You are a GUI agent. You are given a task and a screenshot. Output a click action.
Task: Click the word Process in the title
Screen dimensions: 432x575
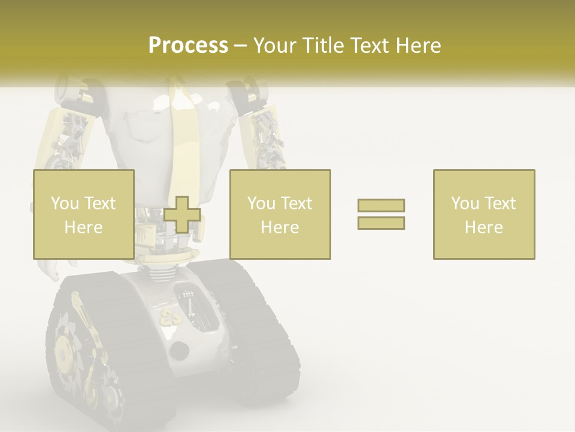point(188,46)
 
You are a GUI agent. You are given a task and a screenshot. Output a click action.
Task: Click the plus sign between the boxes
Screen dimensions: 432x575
point(182,215)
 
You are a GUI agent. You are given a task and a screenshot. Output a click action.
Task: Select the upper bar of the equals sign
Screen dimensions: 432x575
point(381,205)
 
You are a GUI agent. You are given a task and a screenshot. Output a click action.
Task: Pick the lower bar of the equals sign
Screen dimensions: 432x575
point(381,223)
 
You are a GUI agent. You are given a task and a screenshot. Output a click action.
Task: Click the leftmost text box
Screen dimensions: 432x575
point(83,214)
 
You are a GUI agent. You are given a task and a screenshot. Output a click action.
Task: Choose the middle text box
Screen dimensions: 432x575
point(280,214)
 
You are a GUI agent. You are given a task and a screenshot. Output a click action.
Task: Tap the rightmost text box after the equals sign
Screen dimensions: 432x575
point(483,214)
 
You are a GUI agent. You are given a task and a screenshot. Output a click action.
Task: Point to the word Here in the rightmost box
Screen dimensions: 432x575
point(483,227)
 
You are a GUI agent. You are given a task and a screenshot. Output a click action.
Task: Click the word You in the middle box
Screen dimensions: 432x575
point(261,203)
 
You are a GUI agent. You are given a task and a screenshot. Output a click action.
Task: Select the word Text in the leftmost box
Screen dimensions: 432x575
point(100,203)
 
